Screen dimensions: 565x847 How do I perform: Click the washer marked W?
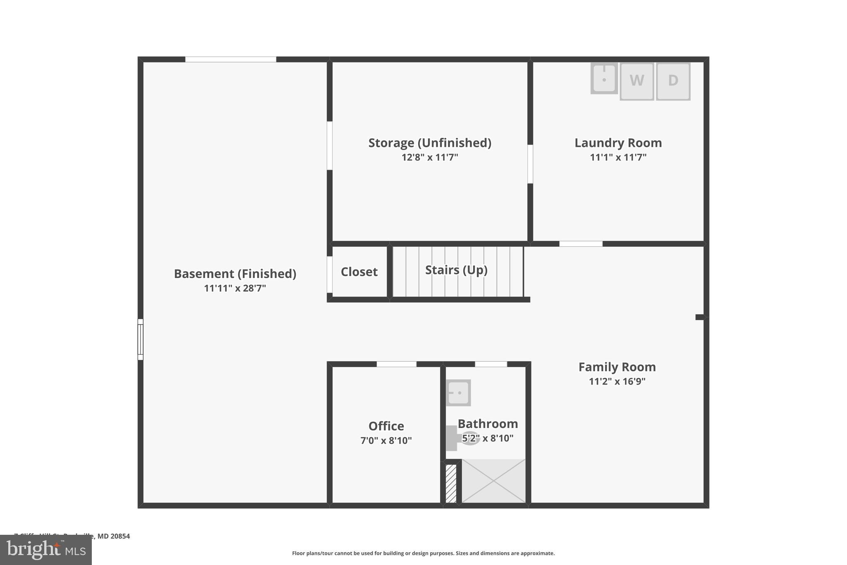pos(636,81)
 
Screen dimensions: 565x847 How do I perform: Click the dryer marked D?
pos(673,81)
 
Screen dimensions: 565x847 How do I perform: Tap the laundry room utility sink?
pos(604,78)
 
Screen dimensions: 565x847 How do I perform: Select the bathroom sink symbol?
pos(458,392)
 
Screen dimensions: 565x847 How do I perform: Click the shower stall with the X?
pos(493,481)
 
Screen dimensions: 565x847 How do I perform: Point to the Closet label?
pos(359,272)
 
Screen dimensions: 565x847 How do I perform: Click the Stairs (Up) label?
pos(456,270)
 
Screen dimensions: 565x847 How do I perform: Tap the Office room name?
pos(386,426)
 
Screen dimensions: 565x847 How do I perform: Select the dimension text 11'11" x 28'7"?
pos(235,288)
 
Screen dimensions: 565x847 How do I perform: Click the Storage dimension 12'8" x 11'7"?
pos(430,157)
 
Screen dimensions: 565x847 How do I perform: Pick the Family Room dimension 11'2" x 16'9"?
pos(617,381)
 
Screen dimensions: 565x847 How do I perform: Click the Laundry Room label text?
pos(618,143)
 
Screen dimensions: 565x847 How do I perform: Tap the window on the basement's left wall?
pos(141,339)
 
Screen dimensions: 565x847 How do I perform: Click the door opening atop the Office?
pos(396,364)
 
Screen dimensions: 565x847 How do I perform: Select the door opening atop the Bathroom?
pos(491,364)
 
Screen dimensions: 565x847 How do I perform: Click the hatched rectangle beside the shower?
pos(451,483)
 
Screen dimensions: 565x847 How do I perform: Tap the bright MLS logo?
pos(46,550)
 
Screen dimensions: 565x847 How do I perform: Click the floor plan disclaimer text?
pos(423,553)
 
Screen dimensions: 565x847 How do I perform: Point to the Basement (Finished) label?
pos(235,274)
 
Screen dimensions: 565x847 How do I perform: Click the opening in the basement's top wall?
pos(230,60)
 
